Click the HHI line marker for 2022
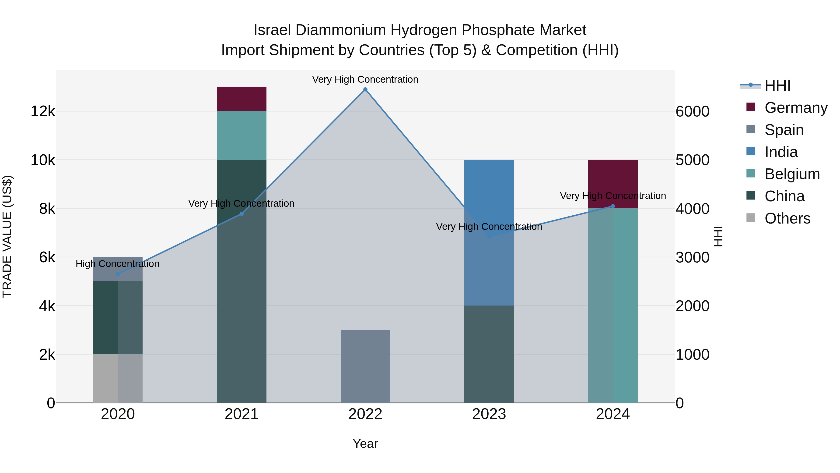coord(365,89)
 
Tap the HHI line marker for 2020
coord(118,274)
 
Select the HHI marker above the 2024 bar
coord(613,206)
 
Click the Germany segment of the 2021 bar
coord(242,99)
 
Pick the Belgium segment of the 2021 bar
coord(242,135)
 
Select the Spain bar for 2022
coord(365,366)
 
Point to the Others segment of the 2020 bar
coord(118,378)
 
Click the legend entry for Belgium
coord(792,174)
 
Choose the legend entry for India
coord(781,152)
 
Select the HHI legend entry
coord(777,85)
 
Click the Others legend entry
coord(787,218)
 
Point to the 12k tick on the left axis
coord(43,112)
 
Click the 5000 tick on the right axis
coord(692,160)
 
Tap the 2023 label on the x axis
coord(489,414)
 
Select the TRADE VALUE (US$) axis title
coord(7,236)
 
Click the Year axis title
coord(365,444)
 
